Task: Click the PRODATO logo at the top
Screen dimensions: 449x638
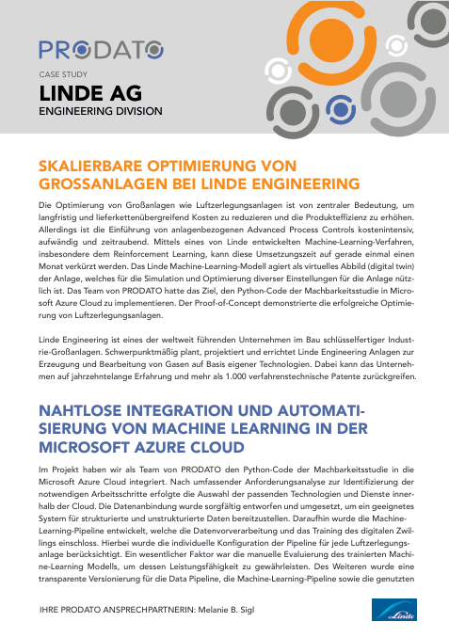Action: coord(100,48)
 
